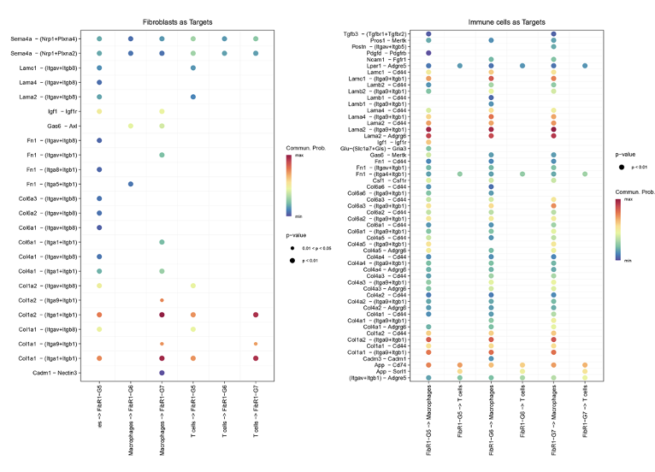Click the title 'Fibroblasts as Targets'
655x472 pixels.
pyautogui.click(x=177, y=21)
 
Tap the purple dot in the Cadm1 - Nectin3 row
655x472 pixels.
pyautogui.click(x=162, y=373)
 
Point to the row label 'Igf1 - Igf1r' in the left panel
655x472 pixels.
pyautogui.click(x=64, y=111)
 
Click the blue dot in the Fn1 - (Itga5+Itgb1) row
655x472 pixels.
pyautogui.click(x=130, y=184)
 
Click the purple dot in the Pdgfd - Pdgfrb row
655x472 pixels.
pyautogui.click(x=428, y=53)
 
